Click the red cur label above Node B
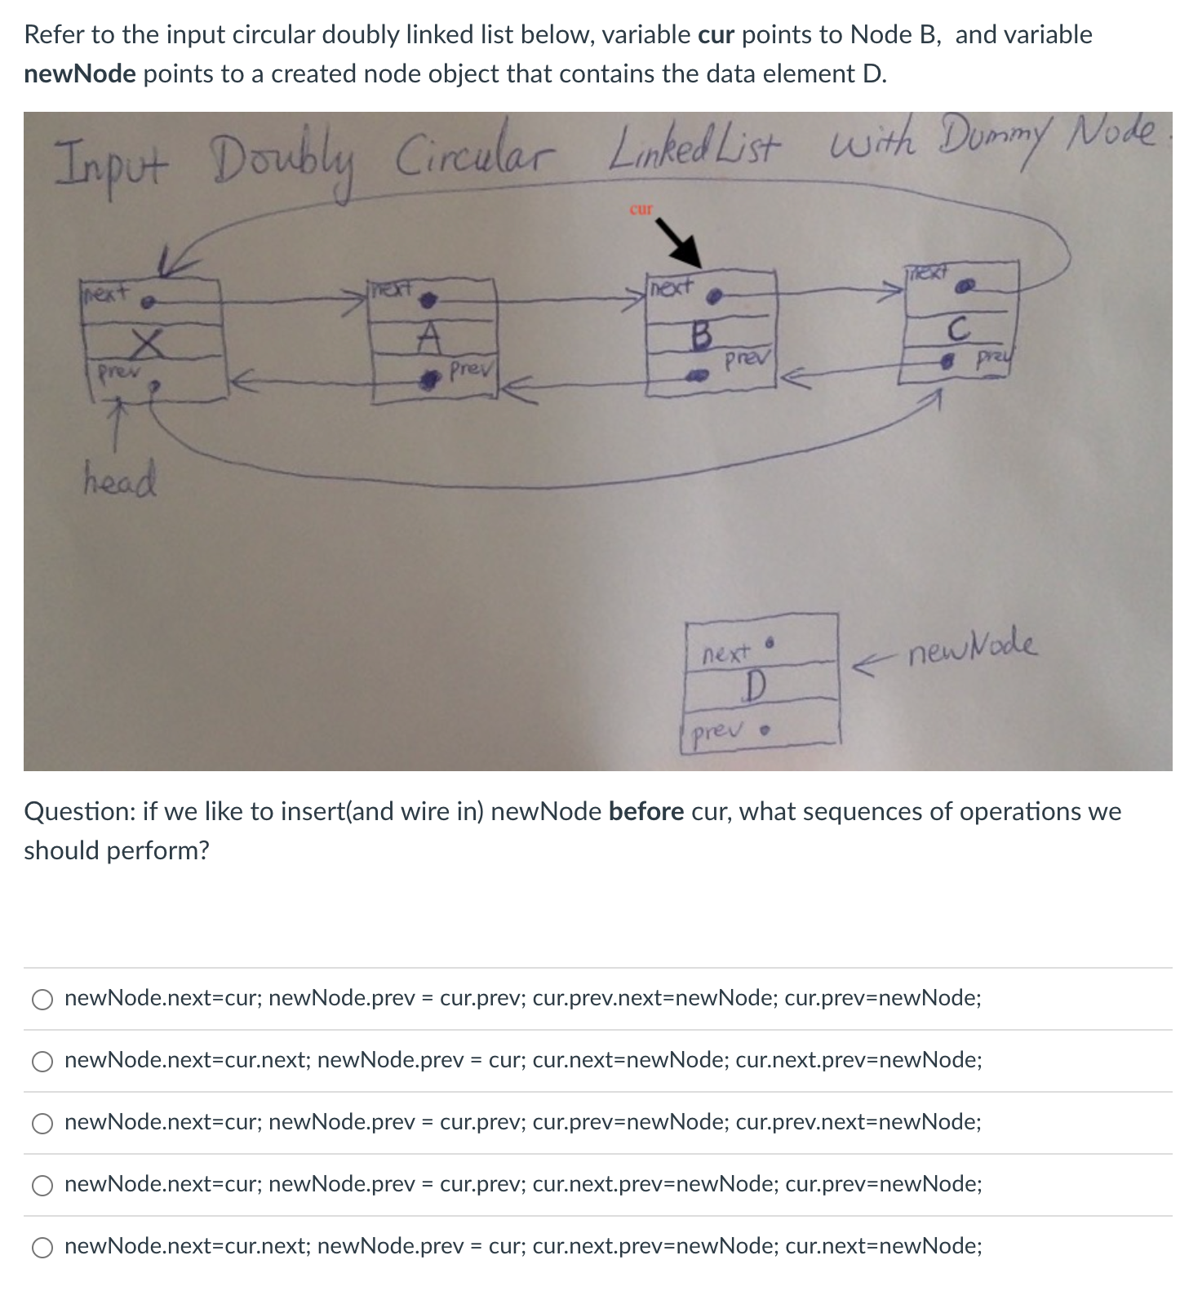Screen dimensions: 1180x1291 point(641,209)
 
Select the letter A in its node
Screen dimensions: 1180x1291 point(430,335)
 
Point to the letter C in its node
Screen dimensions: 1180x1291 point(958,330)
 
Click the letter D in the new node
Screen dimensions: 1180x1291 point(755,685)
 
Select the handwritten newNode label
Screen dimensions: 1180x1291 point(973,648)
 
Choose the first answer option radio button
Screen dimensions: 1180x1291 point(42,999)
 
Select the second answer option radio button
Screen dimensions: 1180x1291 point(42,1061)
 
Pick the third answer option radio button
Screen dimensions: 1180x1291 point(42,1123)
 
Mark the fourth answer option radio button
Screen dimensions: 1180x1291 point(42,1185)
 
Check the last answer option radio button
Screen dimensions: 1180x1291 point(42,1247)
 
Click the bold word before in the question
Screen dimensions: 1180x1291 point(646,811)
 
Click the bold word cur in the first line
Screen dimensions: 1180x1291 point(716,34)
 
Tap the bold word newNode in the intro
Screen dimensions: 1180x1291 point(80,73)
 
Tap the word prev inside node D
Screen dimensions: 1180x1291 point(716,731)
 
